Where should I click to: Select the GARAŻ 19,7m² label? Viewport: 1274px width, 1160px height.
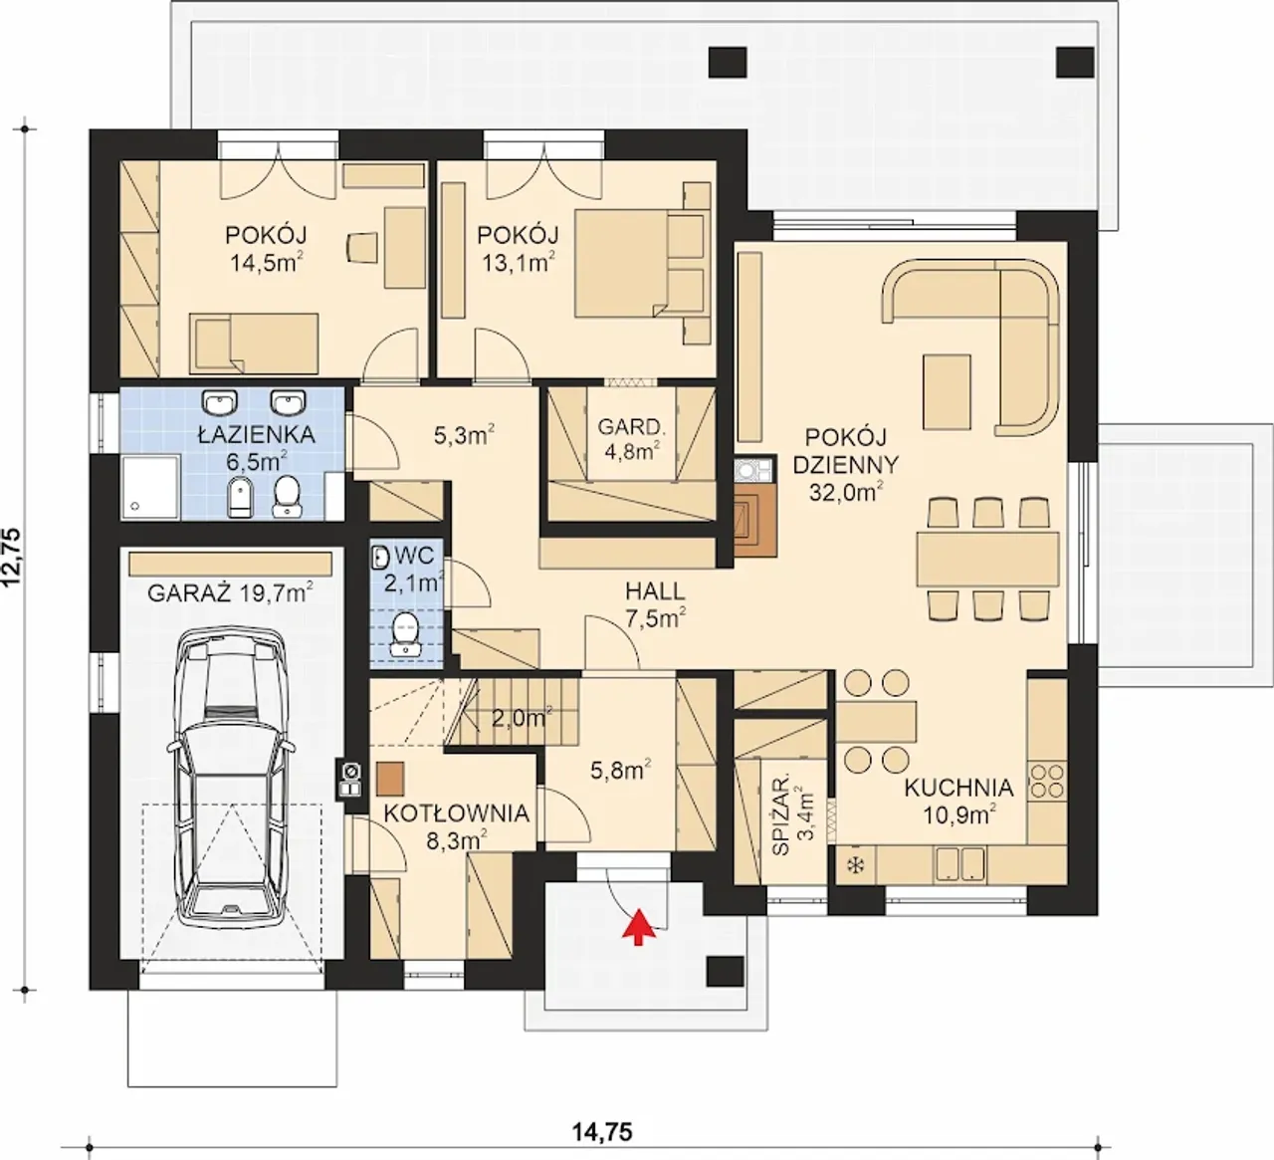coord(230,593)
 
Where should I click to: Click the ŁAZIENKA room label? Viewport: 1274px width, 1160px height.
coord(256,435)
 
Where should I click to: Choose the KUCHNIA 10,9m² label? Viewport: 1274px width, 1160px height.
coord(958,801)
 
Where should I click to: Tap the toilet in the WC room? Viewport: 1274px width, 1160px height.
coord(404,633)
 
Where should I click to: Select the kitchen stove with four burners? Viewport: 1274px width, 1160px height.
coord(1047,781)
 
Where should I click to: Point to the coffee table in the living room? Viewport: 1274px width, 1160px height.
coord(947,391)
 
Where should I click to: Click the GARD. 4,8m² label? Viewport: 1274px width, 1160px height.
coord(630,438)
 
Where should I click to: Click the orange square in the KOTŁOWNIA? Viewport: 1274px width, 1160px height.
coord(390,779)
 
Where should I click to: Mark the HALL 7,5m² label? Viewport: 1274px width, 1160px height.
coord(656,604)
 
